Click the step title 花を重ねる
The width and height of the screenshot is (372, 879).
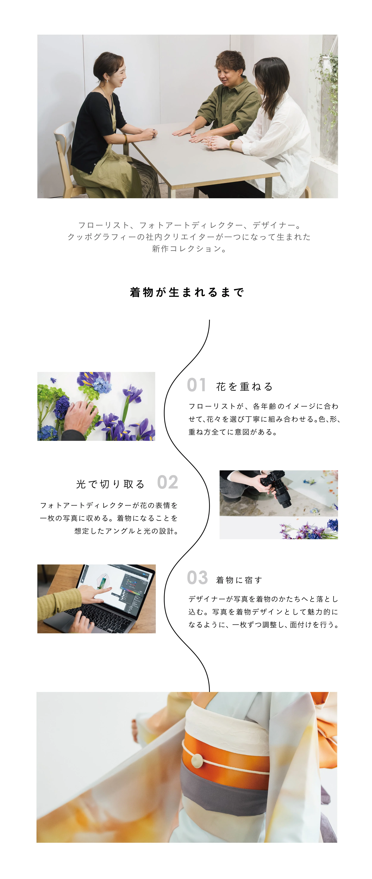click(244, 387)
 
